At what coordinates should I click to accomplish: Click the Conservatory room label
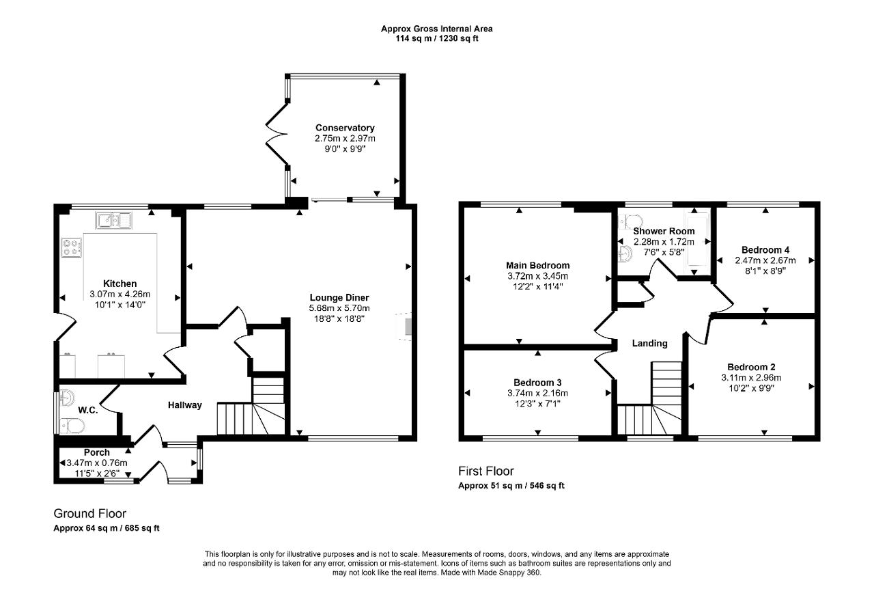pos(345,128)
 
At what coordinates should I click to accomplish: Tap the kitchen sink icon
pos(113,220)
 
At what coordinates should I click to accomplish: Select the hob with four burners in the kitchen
pos(72,247)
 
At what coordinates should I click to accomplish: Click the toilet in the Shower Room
pos(630,221)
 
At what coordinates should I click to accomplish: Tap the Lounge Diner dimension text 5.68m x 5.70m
pos(339,308)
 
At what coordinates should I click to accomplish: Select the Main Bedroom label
pos(537,266)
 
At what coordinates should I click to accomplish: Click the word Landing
pos(649,343)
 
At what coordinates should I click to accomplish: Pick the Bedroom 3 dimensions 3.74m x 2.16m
pos(537,394)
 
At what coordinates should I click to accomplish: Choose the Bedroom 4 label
pos(765,250)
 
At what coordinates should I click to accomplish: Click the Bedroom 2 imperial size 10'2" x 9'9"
pos(752,388)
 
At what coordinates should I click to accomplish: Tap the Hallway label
pos(185,405)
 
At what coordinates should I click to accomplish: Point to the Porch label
pos(97,452)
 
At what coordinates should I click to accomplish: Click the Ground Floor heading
pos(89,513)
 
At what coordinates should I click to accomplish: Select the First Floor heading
pos(485,471)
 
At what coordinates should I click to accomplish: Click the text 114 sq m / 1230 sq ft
pos(437,38)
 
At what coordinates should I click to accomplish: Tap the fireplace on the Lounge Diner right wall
pos(405,327)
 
